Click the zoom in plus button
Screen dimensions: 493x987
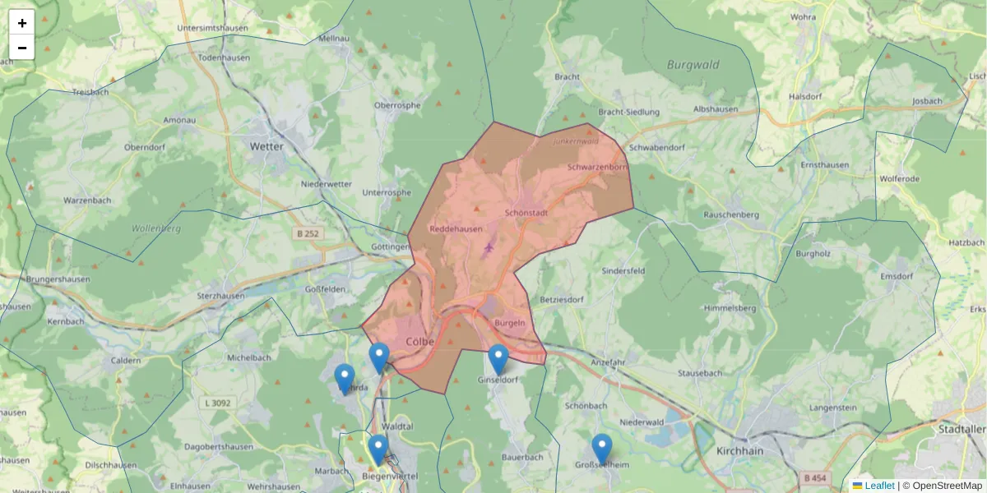coord(22,23)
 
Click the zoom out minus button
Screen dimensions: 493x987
coord(22,48)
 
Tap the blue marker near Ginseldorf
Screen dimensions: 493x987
coord(498,359)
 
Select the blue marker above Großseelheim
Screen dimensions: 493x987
coord(602,449)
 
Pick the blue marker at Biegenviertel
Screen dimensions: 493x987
coord(378,449)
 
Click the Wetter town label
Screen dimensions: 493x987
coord(266,146)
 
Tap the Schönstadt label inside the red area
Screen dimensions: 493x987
coord(526,212)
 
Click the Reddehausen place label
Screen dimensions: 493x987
coord(456,229)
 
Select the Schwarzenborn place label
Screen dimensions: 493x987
coord(597,167)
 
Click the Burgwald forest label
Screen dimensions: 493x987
coord(693,65)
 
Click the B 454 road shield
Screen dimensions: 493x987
coord(815,477)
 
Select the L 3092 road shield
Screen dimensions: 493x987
coord(216,403)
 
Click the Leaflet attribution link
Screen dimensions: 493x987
coord(879,486)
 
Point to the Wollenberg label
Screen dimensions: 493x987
coord(156,228)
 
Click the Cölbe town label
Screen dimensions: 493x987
coord(420,341)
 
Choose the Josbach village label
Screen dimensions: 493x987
coord(927,101)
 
